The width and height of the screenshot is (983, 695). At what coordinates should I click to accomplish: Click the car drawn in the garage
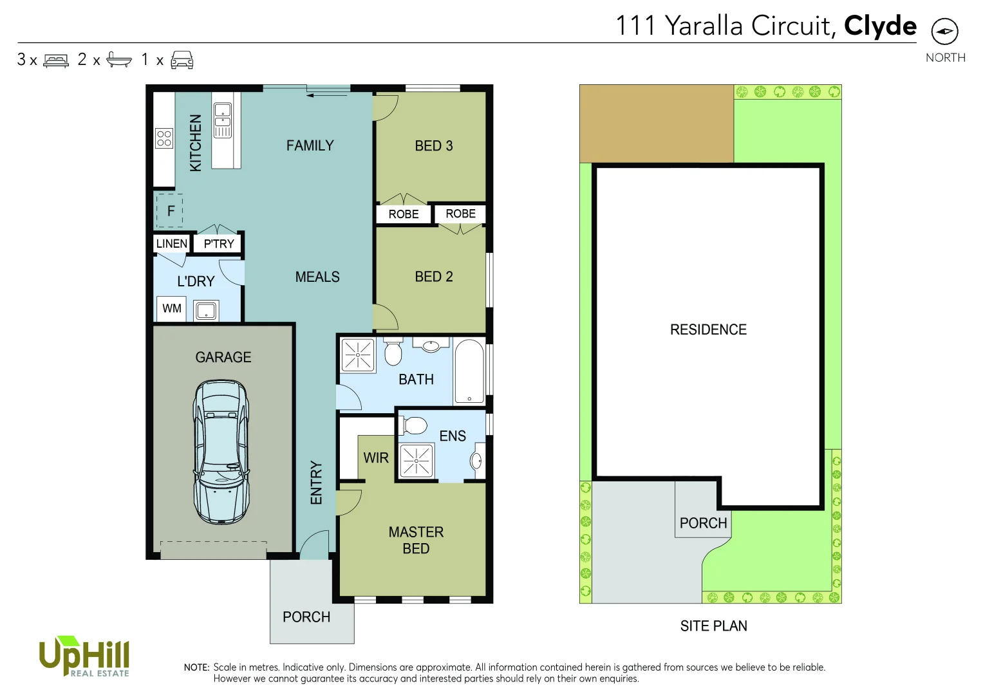[221, 452]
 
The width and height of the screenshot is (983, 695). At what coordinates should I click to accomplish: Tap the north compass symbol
[944, 31]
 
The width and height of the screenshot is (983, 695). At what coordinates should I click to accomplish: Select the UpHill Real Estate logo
[84, 657]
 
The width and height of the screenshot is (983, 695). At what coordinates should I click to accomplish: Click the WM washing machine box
[171, 309]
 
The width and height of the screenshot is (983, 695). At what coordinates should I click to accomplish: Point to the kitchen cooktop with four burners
[164, 138]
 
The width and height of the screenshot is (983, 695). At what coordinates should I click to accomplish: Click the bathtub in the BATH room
[469, 372]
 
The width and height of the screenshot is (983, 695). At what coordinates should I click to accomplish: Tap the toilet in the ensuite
[415, 425]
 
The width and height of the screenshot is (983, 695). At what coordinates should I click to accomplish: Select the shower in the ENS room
[417, 461]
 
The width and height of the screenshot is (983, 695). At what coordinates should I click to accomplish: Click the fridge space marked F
[170, 211]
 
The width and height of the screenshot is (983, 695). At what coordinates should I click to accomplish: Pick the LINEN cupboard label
[171, 244]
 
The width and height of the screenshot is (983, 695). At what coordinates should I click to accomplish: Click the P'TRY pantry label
[219, 244]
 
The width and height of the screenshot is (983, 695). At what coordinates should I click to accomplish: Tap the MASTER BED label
[416, 541]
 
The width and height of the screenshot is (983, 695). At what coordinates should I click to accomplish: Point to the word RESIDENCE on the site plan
[708, 330]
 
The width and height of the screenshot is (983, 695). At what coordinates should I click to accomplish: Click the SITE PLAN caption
[713, 626]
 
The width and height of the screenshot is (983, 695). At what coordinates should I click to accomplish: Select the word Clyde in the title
[880, 26]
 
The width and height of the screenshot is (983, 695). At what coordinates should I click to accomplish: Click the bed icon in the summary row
[56, 60]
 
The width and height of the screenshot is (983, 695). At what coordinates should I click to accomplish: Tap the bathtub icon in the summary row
[119, 60]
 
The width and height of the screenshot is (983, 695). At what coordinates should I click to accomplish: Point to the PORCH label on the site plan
[703, 523]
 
